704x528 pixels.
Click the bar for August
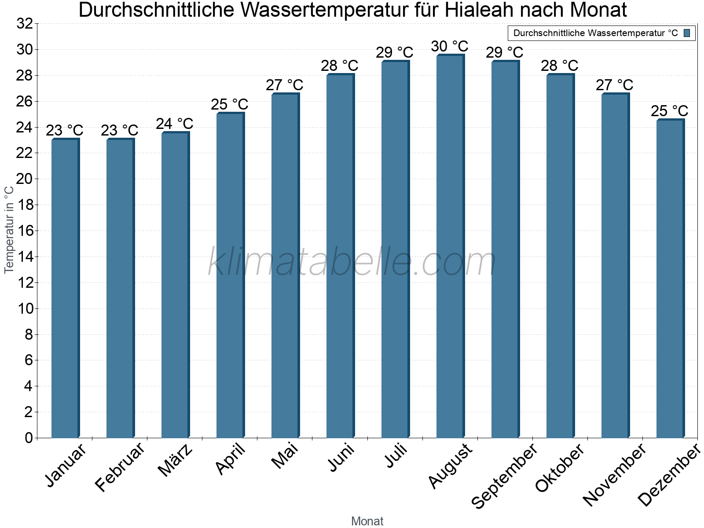click(x=450, y=246)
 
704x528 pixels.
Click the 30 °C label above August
click(x=450, y=46)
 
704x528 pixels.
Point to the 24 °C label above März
click(x=175, y=124)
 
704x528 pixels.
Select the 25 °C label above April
click(x=230, y=105)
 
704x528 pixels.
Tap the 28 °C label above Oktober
click(x=560, y=66)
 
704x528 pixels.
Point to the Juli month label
click(x=396, y=455)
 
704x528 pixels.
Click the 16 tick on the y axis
click(x=25, y=231)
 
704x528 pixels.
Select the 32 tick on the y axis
click(x=25, y=24)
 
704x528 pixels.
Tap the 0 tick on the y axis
click(x=29, y=438)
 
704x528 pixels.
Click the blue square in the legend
click(x=687, y=33)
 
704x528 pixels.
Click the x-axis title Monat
click(x=367, y=521)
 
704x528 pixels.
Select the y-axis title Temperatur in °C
click(x=9, y=229)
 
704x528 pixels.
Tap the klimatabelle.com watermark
click(x=352, y=263)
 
